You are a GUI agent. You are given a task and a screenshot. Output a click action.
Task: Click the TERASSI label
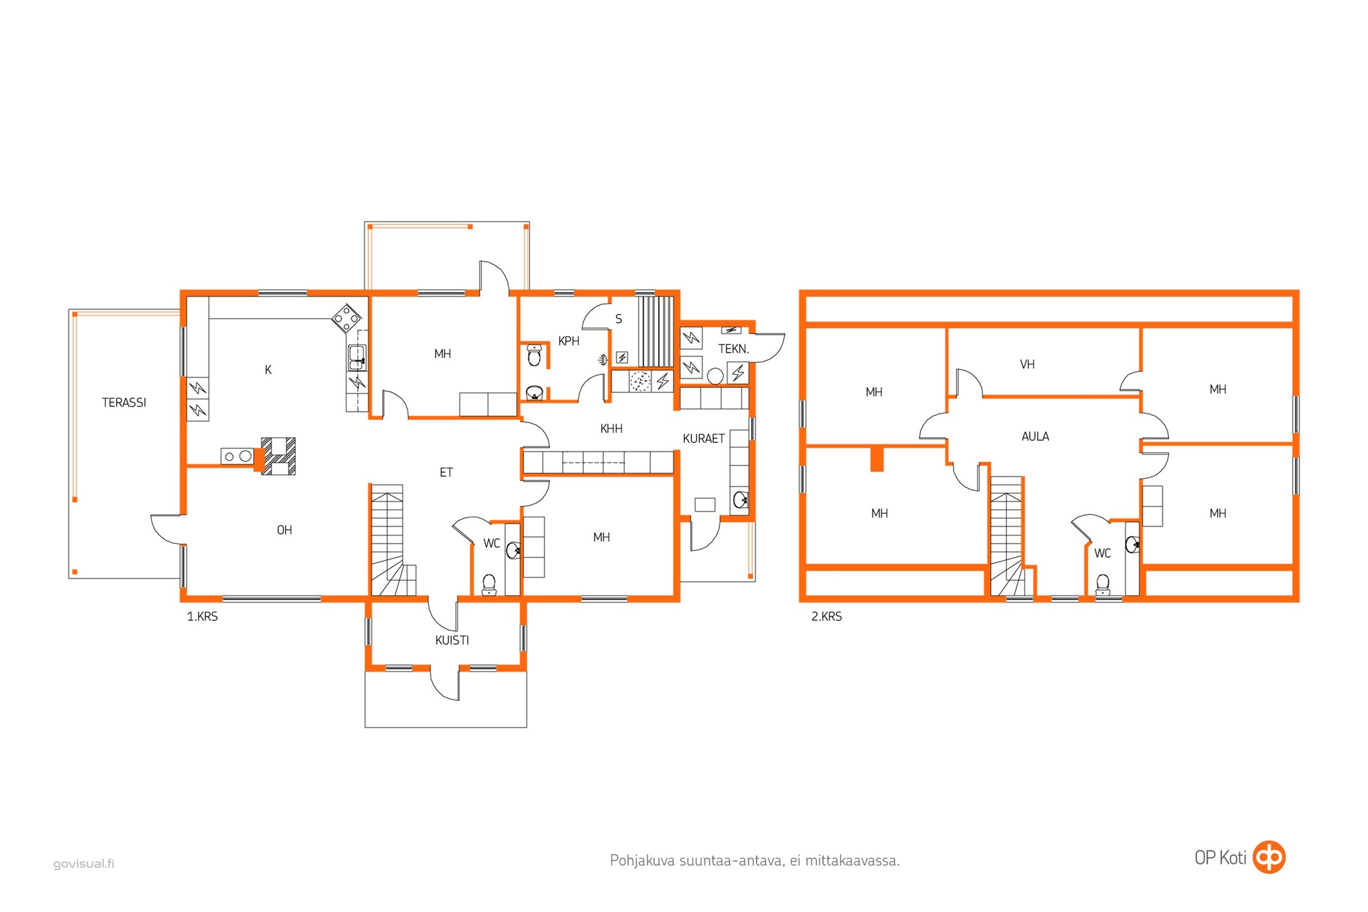coord(124,402)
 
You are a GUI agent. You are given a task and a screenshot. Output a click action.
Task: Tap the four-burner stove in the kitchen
coord(346,319)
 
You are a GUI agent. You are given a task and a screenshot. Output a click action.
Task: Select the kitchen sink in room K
coord(357,357)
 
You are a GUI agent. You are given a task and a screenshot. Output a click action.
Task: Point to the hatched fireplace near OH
coord(278,457)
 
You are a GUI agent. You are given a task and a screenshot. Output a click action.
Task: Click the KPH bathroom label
coord(569,341)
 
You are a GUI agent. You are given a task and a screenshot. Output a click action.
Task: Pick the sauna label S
coord(619,319)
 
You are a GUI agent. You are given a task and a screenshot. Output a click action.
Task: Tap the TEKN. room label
coord(734,349)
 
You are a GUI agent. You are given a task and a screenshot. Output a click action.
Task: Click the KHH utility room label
coord(611,429)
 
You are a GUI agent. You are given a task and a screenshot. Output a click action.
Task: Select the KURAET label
coord(704,438)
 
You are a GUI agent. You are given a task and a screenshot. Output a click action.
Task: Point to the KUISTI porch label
coord(452,640)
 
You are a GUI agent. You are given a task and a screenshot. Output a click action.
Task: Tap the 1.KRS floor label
coord(202,617)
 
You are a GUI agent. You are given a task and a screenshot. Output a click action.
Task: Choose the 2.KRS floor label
coord(826,617)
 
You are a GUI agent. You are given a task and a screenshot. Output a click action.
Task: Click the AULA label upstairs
coord(1035,436)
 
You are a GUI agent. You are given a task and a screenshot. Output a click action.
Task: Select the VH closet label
coord(1027,364)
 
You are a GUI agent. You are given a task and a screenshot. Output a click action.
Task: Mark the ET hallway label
coord(446,473)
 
